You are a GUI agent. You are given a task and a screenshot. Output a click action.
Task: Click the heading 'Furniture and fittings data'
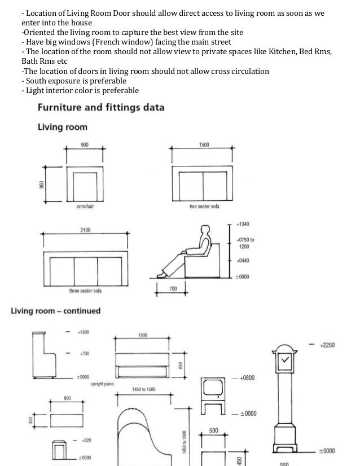click(x=100, y=107)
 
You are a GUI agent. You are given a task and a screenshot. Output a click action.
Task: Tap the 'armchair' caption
click(x=84, y=208)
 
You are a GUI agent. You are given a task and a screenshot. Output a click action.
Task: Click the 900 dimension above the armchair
click(x=84, y=145)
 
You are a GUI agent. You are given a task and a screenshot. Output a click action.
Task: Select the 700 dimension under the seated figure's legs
click(x=173, y=289)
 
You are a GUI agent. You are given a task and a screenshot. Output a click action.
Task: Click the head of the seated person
click(x=203, y=229)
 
